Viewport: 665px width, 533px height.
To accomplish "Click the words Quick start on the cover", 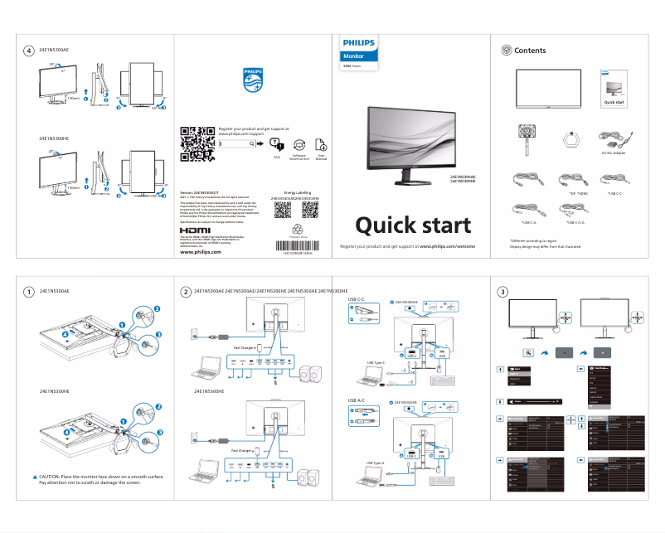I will coord(413,225).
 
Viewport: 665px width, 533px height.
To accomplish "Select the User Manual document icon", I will coord(321,144).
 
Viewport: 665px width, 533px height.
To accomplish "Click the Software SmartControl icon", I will coord(299,144).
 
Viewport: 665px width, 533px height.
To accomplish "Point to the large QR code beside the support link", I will coord(197,143).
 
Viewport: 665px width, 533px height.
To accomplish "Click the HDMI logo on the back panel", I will coord(196,230).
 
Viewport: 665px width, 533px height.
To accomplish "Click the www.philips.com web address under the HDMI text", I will coord(200,252).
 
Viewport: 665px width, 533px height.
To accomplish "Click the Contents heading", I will coord(530,51).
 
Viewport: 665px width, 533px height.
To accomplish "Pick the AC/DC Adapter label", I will coord(613,153).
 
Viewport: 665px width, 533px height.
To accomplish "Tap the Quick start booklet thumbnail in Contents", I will coord(614,90).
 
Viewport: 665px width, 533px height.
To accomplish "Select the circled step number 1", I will coord(29,291).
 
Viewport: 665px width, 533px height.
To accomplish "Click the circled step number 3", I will coord(502,291).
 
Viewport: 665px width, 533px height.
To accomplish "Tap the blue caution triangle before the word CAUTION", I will coord(35,477).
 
